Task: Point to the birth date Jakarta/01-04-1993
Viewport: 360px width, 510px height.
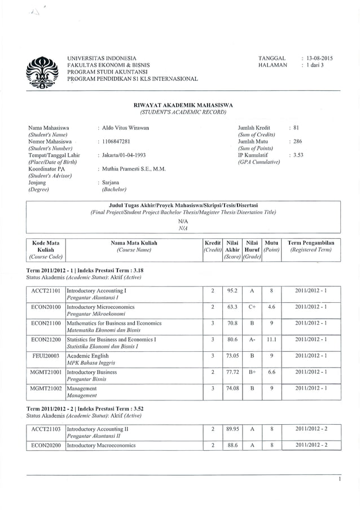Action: click(124, 155)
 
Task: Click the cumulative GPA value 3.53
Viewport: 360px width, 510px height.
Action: click(298, 155)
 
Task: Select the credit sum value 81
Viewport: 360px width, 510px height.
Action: click(296, 128)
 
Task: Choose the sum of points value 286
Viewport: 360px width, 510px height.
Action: click(297, 141)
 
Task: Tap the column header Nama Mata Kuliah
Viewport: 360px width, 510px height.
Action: click(134, 242)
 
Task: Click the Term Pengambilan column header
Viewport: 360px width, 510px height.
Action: click(311, 242)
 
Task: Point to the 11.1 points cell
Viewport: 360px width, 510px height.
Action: click(271, 340)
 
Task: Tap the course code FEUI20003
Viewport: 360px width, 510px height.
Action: click(46, 356)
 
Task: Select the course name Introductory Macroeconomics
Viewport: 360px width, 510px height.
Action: click(102, 445)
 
